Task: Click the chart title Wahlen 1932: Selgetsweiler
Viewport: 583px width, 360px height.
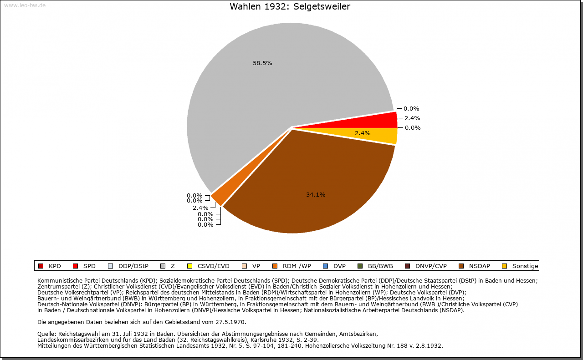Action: [290, 6]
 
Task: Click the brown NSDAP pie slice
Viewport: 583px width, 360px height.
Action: [314, 182]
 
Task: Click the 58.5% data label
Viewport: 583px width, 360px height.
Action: [262, 63]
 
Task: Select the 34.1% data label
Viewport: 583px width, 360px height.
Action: [316, 194]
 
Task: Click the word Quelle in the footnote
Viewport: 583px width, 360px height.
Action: [47, 334]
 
